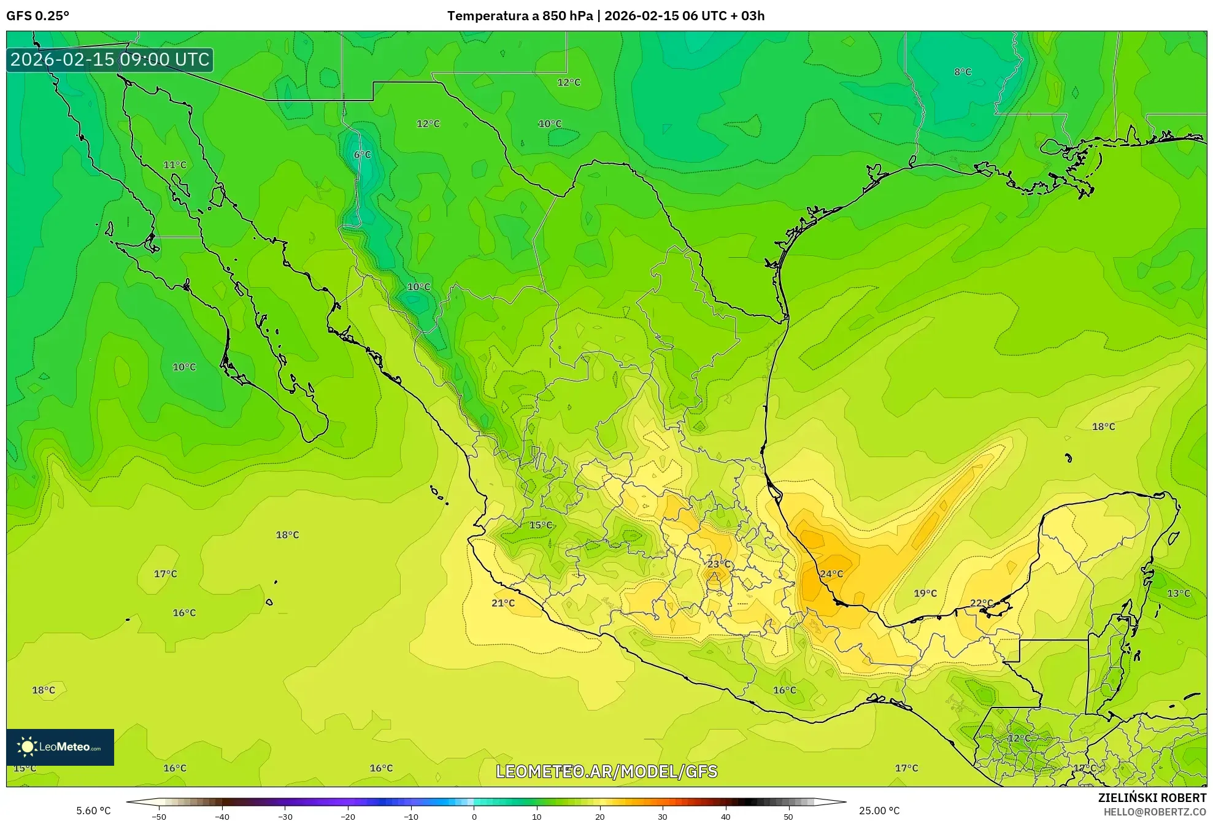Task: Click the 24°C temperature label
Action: click(x=831, y=574)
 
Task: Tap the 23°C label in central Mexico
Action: click(x=719, y=564)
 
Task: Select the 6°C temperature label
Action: click(x=363, y=155)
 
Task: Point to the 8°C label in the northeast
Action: click(x=963, y=72)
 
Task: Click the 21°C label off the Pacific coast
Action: click(x=503, y=603)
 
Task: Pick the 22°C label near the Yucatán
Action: click(x=981, y=603)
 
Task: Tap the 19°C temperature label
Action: click(x=925, y=593)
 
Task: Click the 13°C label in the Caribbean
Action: click(x=1178, y=593)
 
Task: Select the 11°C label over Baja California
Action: click(x=175, y=164)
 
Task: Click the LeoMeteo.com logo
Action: click(x=60, y=747)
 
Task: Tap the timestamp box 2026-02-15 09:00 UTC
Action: click(x=110, y=60)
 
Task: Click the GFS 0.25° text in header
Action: click(x=37, y=16)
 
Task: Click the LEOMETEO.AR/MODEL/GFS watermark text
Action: click(x=606, y=771)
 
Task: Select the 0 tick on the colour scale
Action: click(x=474, y=816)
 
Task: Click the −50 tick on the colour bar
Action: click(x=159, y=816)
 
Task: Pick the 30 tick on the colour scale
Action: click(x=663, y=816)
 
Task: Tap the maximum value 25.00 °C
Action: click(x=879, y=811)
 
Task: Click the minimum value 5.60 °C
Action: click(x=93, y=811)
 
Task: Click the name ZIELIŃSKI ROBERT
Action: click(x=1152, y=798)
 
